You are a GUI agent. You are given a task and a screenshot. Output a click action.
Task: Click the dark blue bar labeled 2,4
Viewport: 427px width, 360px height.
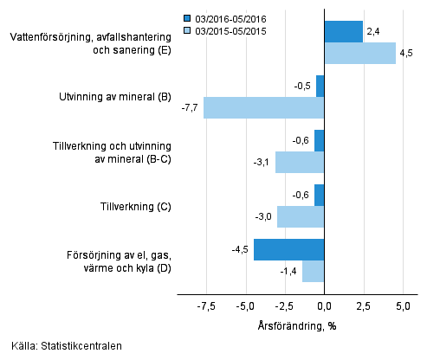[x=343, y=32]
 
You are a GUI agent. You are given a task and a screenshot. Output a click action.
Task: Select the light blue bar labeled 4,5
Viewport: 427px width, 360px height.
[x=359, y=54]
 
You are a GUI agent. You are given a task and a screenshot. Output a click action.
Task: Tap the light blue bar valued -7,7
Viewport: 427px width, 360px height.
[x=263, y=107]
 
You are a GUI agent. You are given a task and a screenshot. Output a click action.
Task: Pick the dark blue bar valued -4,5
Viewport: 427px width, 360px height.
[x=288, y=250]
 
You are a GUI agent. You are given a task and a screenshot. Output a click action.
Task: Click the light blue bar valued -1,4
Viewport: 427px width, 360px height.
[x=313, y=271]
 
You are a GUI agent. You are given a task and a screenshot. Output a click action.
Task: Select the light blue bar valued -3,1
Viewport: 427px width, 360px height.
[x=300, y=162]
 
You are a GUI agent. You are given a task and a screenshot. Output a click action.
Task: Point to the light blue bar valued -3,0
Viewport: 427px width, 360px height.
[x=301, y=216]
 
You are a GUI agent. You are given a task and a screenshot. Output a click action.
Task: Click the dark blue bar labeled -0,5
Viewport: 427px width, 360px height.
[x=320, y=87]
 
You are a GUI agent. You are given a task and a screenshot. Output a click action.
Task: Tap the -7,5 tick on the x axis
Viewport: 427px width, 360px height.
[x=205, y=306]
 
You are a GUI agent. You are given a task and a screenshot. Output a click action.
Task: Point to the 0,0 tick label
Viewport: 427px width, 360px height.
[x=324, y=306]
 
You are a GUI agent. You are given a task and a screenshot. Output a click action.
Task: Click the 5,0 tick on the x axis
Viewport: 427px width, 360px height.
[x=403, y=306]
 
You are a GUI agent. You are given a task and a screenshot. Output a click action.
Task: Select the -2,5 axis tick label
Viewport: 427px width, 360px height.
[x=284, y=306]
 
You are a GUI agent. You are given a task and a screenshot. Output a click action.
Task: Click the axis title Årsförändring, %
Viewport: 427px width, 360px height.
[x=298, y=325]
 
